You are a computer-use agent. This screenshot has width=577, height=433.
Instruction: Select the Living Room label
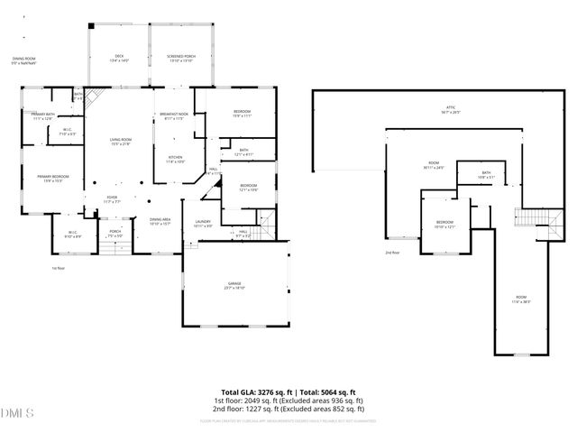coord(121,142)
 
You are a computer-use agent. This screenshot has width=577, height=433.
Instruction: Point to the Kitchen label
coord(174,160)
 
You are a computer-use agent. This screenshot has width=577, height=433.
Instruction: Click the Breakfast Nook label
coord(174,116)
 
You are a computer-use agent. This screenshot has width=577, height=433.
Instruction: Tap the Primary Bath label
coord(43,116)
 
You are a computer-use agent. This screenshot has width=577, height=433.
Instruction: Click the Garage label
coord(235,286)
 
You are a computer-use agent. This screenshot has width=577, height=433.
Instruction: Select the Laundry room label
coord(204,224)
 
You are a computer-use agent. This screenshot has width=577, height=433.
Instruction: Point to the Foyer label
coord(112,200)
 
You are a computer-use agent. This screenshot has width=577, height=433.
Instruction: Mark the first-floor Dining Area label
coord(160,222)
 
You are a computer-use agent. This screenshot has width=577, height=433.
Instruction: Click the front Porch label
coord(115,233)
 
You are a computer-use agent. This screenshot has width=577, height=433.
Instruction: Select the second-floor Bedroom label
coord(444,224)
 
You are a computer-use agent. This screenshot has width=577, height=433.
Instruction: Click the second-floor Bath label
coord(486,175)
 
